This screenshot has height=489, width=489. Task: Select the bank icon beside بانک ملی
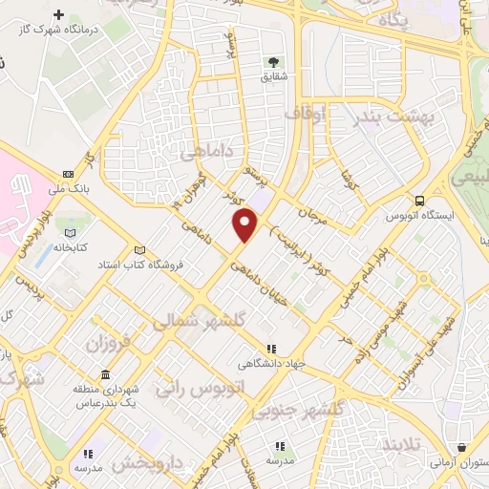[x=67, y=174]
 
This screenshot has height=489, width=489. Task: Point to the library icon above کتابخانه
[x=69, y=231]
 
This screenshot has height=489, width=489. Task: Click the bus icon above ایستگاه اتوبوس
[x=419, y=200]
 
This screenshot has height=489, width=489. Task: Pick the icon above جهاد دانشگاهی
[x=273, y=350]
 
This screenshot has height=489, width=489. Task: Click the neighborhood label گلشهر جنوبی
[x=296, y=410]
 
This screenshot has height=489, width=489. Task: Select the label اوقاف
[x=306, y=114]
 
